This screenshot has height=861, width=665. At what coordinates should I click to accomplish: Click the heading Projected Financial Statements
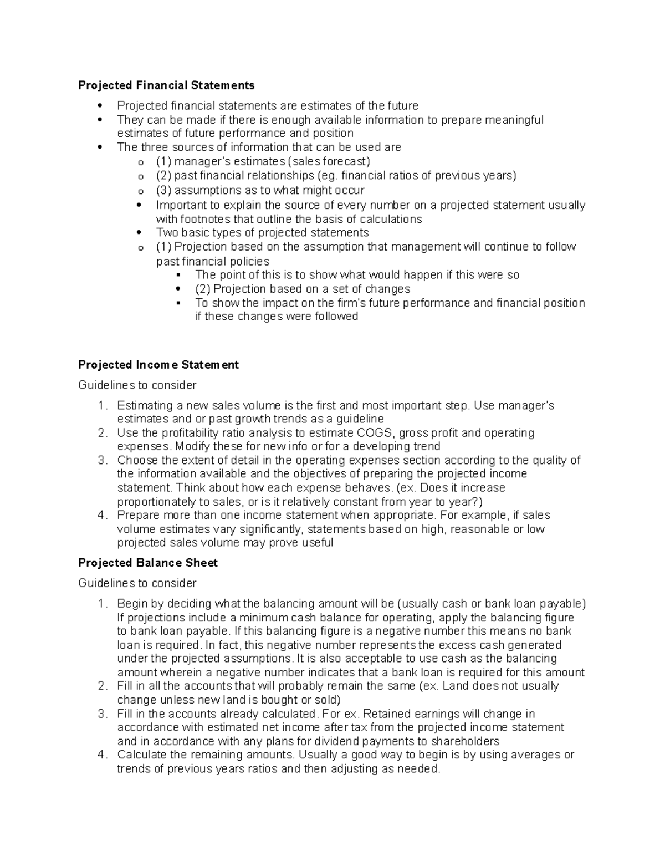[166, 85]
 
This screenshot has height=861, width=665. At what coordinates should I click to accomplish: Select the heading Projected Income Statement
[158, 365]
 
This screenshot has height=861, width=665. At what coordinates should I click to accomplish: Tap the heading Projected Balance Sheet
[147, 563]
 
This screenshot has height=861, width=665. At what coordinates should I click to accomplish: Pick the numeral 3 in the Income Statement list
[101, 460]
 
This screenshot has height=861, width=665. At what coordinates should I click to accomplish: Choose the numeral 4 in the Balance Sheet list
[101, 755]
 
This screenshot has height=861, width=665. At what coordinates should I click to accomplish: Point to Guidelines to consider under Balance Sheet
[137, 583]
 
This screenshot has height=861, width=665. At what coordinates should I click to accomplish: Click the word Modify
[192, 446]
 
